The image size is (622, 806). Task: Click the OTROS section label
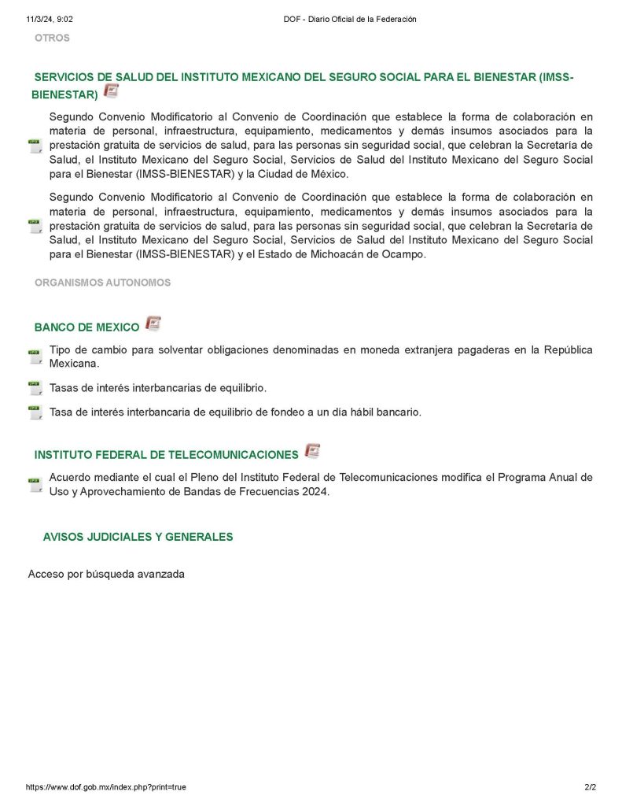click(x=52, y=38)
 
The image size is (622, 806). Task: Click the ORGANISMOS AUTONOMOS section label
click(x=102, y=283)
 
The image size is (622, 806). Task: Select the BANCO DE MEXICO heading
click(x=86, y=327)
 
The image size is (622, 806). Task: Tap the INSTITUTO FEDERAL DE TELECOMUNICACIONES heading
click(x=166, y=455)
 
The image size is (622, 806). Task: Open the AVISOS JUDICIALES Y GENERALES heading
click(x=138, y=537)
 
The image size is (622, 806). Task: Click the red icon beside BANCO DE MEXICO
click(x=153, y=324)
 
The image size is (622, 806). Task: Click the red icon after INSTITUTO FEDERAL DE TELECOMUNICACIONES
click(x=312, y=451)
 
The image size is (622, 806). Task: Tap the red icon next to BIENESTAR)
click(x=112, y=91)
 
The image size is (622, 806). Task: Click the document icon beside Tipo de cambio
click(x=35, y=357)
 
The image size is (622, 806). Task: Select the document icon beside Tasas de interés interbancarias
click(x=35, y=388)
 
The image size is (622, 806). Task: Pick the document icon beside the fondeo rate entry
click(x=35, y=412)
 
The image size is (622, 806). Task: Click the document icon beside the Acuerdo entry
click(x=35, y=484)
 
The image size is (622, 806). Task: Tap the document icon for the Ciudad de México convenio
click(x=35, y=146)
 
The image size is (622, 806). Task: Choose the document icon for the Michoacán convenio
click(x=35, y=226)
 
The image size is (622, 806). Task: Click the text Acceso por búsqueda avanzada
click(x=106, y=574)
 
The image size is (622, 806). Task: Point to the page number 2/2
click(x=591, y=787)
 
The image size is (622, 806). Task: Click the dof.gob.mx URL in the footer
click(x=106, y=787)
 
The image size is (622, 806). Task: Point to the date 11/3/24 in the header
click(x=42, y=19)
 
